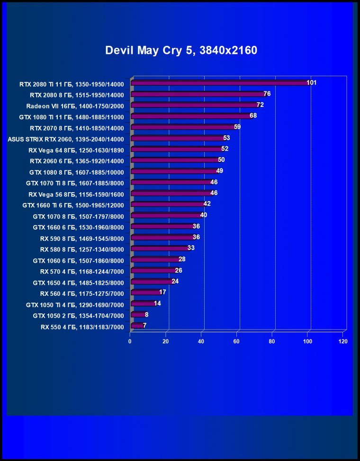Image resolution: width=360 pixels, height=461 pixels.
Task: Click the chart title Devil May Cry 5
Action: point(181,50)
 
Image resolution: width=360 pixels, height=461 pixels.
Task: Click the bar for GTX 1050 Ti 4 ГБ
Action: point(143,303)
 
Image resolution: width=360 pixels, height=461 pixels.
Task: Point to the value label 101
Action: point(311,83)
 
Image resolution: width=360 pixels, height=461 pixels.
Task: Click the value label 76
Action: point(267,94)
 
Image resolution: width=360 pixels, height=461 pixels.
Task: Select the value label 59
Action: point(237,127)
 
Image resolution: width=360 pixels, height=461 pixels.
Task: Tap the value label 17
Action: point(162,292)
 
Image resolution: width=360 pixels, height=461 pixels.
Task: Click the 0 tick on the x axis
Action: point(130,341)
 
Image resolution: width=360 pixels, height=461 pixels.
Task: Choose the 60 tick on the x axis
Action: point(237,341)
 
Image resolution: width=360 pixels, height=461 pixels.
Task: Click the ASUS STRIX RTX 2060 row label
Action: point(66,139)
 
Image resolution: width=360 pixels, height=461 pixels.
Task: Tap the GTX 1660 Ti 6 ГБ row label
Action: point(73,205)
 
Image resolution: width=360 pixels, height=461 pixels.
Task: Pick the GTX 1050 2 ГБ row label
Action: point(78,316)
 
